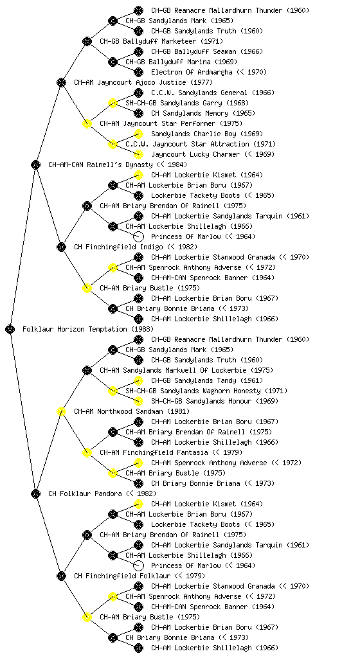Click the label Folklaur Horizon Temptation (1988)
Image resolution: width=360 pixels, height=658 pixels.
coord(88,329)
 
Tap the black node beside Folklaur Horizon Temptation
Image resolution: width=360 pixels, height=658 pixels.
coord(10,329)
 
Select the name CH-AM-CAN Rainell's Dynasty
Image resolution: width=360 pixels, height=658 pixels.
coord(101,164)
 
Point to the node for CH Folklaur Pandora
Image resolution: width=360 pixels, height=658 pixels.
coord(35,493)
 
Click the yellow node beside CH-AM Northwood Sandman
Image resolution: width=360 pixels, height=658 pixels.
coord(61,411)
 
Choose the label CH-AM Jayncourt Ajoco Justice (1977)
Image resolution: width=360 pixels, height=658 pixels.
coord(143,82)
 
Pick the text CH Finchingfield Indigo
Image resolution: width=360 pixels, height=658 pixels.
coord(118,247)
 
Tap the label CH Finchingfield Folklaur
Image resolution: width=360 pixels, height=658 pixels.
coord(122,576)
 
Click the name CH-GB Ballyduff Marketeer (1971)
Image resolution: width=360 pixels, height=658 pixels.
coord(161,41)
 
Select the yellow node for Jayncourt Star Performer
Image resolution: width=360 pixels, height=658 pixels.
coord(87,123)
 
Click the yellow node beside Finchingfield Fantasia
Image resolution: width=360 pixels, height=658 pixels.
coord(87,452)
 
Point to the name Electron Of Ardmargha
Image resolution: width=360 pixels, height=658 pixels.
coord(192,72)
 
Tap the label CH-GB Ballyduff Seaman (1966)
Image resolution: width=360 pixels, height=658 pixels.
coord(207,51)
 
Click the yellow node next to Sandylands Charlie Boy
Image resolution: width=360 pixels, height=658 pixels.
coord(138,134)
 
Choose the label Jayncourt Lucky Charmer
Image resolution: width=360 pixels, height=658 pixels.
coord(195,154)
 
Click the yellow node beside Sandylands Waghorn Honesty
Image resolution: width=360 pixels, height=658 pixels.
coord(113,391)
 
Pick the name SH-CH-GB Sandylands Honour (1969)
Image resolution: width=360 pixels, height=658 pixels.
coord(215,401)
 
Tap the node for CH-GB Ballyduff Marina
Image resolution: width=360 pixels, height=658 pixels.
coord(113,62)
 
